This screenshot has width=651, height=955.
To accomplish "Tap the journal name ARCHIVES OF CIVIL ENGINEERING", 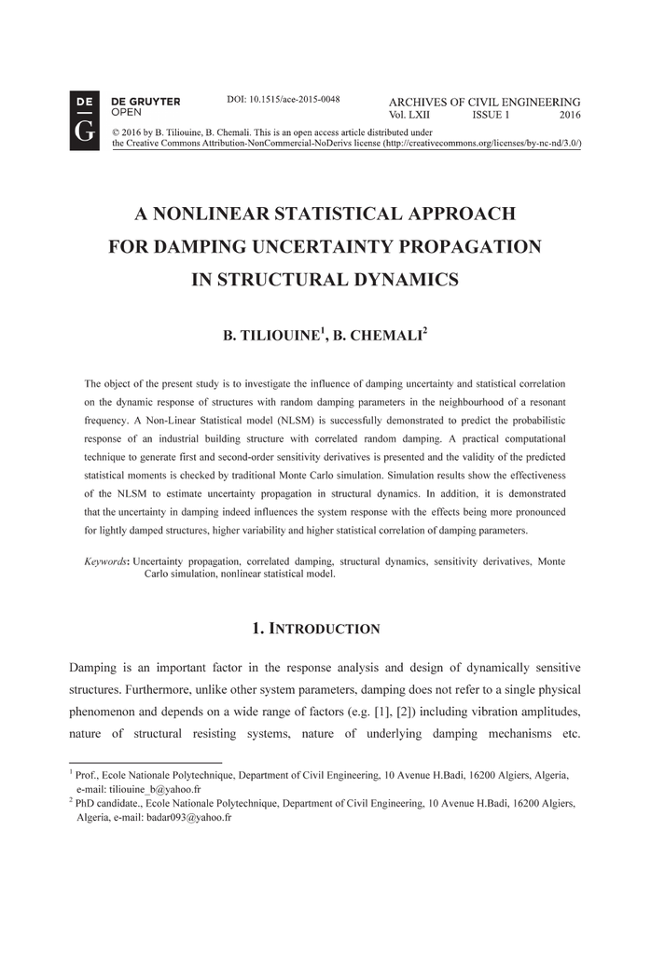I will coord(484,102).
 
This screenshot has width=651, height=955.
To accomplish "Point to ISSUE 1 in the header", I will coord(491,115).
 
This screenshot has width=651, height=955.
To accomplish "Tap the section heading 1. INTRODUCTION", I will coord(315,629).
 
